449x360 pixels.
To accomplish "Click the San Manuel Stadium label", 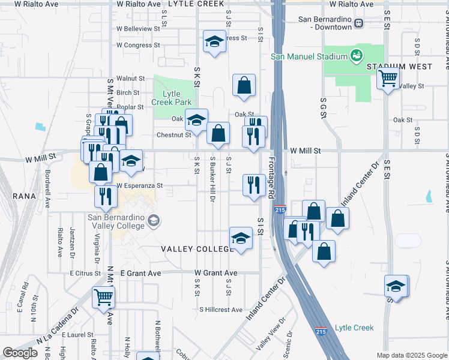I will tap(309, 56).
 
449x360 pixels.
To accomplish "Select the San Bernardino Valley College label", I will tap(116, 221).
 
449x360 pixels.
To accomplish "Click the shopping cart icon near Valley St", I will tap(388, 78).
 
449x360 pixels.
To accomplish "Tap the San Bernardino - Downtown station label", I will tap(325, 23).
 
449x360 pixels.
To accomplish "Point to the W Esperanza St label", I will tap(140, 186).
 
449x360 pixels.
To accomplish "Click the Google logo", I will tap(20, 353).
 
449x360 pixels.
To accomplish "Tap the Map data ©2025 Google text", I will tap(412, 355).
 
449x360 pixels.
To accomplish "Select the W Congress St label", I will tap(138, 45).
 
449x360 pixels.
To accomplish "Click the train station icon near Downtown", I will tap(359, 23).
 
